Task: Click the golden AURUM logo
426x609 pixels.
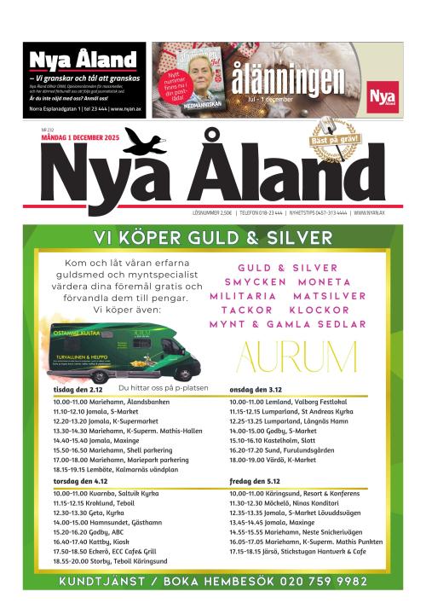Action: coord(296,357)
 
